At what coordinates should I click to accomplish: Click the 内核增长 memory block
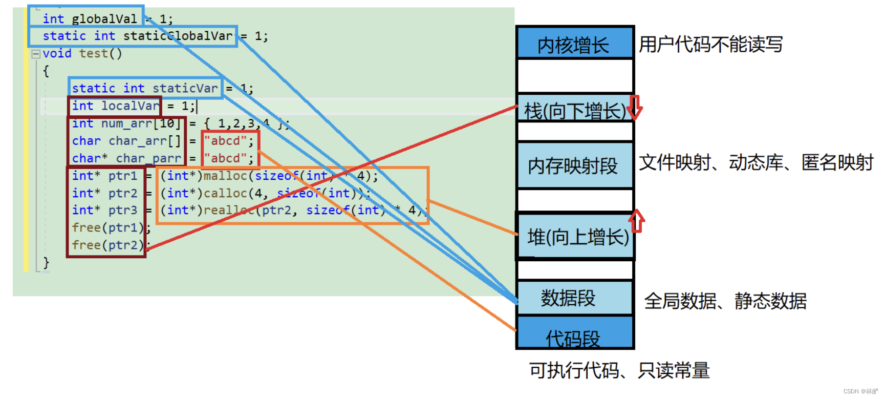coord(575,44)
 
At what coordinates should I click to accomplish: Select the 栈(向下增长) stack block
coord(574,110)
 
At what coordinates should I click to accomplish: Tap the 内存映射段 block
coord(574,165)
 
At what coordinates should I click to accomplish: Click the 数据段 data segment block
coord(574,298)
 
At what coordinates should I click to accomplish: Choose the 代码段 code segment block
coord(574,334)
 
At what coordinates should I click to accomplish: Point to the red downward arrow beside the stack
coord(635,107)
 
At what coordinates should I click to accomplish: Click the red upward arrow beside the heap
coord(637,221)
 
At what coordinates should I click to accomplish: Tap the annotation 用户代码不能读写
coord(710,45)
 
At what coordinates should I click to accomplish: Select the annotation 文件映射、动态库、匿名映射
coord(756,162)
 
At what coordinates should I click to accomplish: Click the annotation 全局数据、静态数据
coord(725,301)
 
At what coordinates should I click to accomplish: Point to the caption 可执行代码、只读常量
coord(619,370)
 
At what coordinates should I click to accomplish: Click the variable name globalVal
coord(104,19)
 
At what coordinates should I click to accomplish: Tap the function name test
coord(94,53)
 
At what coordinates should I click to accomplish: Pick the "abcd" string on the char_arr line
coord(226,141)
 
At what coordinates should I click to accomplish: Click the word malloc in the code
coord(226,176)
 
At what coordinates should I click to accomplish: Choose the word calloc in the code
coord(226,193)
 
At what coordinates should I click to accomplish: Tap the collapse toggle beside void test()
coord(36,54)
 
